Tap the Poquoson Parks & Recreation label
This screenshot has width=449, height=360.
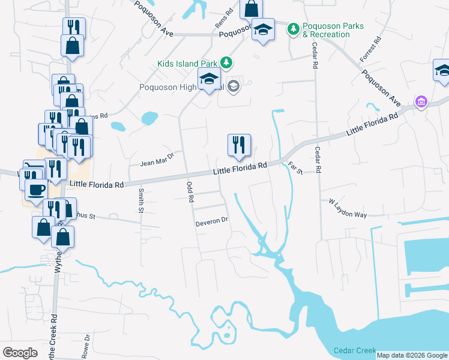coord(327,31)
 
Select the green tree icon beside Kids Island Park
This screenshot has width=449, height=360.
coord(226,62)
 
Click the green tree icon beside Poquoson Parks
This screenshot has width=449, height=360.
coord(294,29)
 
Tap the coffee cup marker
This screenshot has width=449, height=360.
coord(35,190)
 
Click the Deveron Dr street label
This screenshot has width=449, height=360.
coord(212,221)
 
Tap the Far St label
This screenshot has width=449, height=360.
coord(295,169)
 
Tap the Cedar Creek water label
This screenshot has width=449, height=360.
coord(355,350)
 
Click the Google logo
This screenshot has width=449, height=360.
coord(20,352)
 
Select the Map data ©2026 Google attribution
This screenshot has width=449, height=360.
coord(411,355)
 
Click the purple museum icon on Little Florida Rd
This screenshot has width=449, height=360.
coord(421,102)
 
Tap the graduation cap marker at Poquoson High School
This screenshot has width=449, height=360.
coord(209,79)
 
